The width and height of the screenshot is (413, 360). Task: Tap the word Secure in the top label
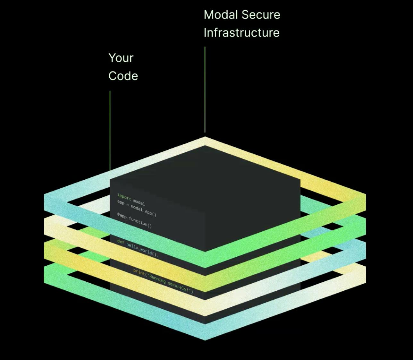click(261, 15)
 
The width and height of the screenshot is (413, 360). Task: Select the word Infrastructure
click(241, 33)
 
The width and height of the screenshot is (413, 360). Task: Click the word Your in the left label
click(121, 58)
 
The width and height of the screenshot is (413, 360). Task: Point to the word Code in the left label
click(123, 76)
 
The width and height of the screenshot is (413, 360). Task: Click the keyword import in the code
click(124, 197)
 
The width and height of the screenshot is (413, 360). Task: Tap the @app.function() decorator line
click(134, 220)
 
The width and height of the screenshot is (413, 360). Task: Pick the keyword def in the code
click(121, 242)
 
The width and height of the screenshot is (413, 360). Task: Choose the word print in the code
click(139, 272)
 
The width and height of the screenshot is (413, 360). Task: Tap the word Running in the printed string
click(157, 278)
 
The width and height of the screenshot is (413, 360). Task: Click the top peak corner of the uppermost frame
click(205, 138)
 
